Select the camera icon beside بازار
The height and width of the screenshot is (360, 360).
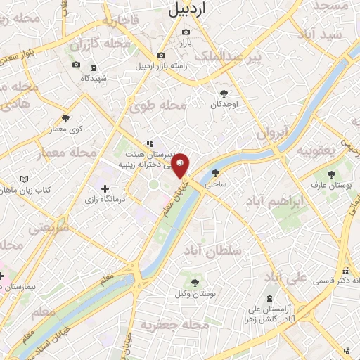click(x=186, y=32)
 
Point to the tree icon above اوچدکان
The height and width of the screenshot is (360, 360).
click(x=224, y=93)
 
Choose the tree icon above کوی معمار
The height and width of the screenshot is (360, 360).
click(x=66, y=118)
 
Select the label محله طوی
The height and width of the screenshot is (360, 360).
click(x=158, y=105)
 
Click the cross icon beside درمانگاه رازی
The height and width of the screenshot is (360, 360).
click(x=105, y=188)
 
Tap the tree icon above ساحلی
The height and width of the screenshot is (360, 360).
click(x=215, y=172)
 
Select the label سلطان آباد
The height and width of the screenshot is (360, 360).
click(x=216, y=250)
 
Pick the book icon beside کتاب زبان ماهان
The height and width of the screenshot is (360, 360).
click(x=26, y=180)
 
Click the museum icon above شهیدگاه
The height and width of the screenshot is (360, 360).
click(x=94, y=67)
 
